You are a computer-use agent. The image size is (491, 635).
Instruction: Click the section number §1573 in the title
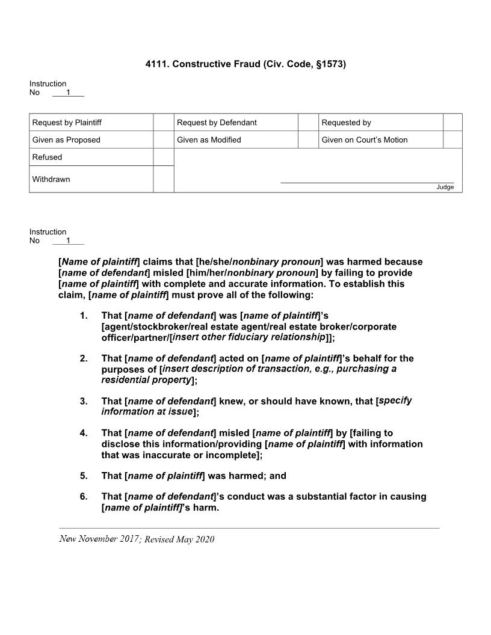pyautogui.click(x=330, y=63)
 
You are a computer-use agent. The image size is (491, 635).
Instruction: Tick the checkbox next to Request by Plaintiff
pyautogui.click(x=163, y=122)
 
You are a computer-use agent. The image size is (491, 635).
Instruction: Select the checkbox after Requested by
pyautogui.click(x=452, y=122)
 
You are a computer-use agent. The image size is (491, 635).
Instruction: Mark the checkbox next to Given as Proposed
pyautogui.click(x=163, y=140)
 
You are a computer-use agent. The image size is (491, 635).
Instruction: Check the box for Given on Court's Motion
pyautogui.click(x=452, y=140)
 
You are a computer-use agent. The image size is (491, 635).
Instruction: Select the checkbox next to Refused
pyautogui.click(x=163, y=157)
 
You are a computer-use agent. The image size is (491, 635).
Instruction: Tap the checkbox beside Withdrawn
pyautogui.click(x=163, y=179)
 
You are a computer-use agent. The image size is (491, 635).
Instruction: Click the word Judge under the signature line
pyautogui.click(x=445, y=187)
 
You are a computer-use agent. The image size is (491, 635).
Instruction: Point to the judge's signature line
pyautogui.click(x=367, y=182)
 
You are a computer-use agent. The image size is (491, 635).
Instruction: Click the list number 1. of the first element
pyautogui.click(x=84, y=316)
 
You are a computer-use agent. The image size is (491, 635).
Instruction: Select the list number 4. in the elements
pyautogui.click(x=84, y=433)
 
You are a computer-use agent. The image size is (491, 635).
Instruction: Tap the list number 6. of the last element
pyautogui.click(x=84, y=497)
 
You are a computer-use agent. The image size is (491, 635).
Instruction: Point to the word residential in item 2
pyautogui.click(x=125, y=380)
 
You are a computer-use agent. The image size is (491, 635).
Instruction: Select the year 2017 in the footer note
pyautogui.click(x=127, y=539)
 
